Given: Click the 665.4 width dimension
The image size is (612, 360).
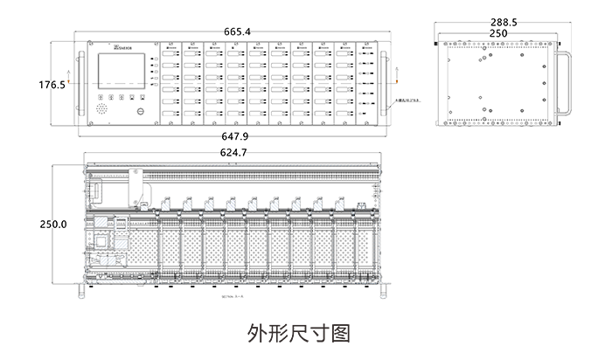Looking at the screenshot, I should (237, 32).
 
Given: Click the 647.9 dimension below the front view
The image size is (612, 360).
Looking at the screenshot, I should (236, 137).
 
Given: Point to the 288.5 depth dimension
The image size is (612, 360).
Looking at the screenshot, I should (504, 22).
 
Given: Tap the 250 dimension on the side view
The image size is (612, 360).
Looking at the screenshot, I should (499, 33).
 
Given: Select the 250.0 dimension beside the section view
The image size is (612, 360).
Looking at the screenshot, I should (53, 225).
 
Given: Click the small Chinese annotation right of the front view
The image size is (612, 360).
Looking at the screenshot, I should (407, 101).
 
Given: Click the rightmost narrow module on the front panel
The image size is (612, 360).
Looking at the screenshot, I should (365, 83).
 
